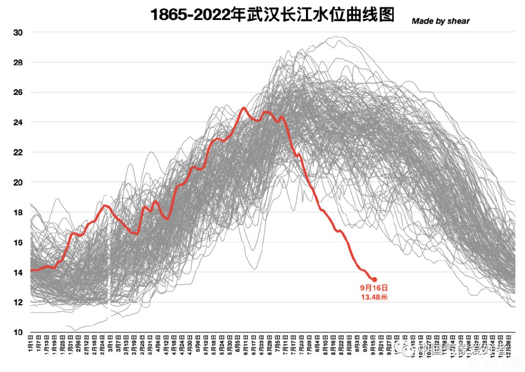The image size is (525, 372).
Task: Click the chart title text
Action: (x=272, y=14)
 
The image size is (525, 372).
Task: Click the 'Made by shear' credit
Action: (x=440, y=21)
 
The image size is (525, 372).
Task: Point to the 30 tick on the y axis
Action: (x=18, y=32)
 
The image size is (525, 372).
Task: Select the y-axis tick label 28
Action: (x=18, y=62)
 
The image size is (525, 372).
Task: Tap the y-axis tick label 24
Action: (x=18, y=122)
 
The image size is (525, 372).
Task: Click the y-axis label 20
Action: (x=18, y=182)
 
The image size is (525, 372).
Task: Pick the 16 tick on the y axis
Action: (x=18, y=242)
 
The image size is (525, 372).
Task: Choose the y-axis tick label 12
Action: (x=18, y=302)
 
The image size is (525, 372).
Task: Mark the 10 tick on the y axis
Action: (x=18, y=332)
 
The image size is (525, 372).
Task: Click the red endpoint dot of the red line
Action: (x=374, y=279)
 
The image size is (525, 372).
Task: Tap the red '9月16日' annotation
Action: (x=374, y=288)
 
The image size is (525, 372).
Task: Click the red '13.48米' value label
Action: (x=374, y=297)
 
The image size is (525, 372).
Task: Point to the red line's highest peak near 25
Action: (x=244, y=108)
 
